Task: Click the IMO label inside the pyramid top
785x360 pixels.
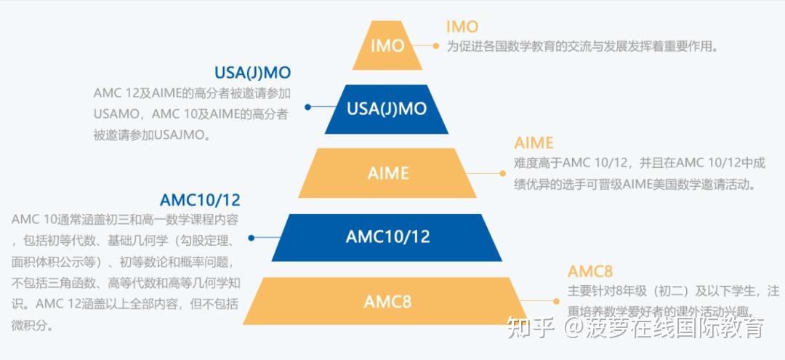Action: pyautogui.click(x=387, y=46)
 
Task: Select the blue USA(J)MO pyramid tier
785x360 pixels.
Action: pyautogui.click(x=386, y=109)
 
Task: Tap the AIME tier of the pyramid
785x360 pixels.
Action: pyautogui.click(x=387, y=173)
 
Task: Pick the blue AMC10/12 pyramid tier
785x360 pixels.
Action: pyautogui.click(x=387, y=237)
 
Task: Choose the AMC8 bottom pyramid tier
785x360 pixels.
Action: pyautogui.click(x=387, y=300)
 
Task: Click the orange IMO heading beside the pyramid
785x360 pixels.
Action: pyautogui.click(x=462, y=27)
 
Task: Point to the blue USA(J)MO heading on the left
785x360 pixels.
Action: pyautogui.click(x=252, y=73)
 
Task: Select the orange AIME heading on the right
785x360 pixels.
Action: pyautogui.click(x=534, y=143)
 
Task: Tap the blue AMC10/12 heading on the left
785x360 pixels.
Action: pyautogui.click(x=200, y=200)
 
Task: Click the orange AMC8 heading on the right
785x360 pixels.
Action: pyautogui.click(x=590, y=271)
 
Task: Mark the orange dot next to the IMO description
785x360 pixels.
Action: pyautogui.click(x=436, y=46)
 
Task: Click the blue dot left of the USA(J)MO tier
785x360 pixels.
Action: pyautogui.click(x=307, y=106)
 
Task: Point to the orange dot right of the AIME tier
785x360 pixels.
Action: pyautogui.click(x=502, y=173)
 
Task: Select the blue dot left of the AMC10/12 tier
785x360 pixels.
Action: pyautogui.click(x=251, y=238)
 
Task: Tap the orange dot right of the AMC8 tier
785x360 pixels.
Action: pyautogui.click(x=556, y=300)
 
